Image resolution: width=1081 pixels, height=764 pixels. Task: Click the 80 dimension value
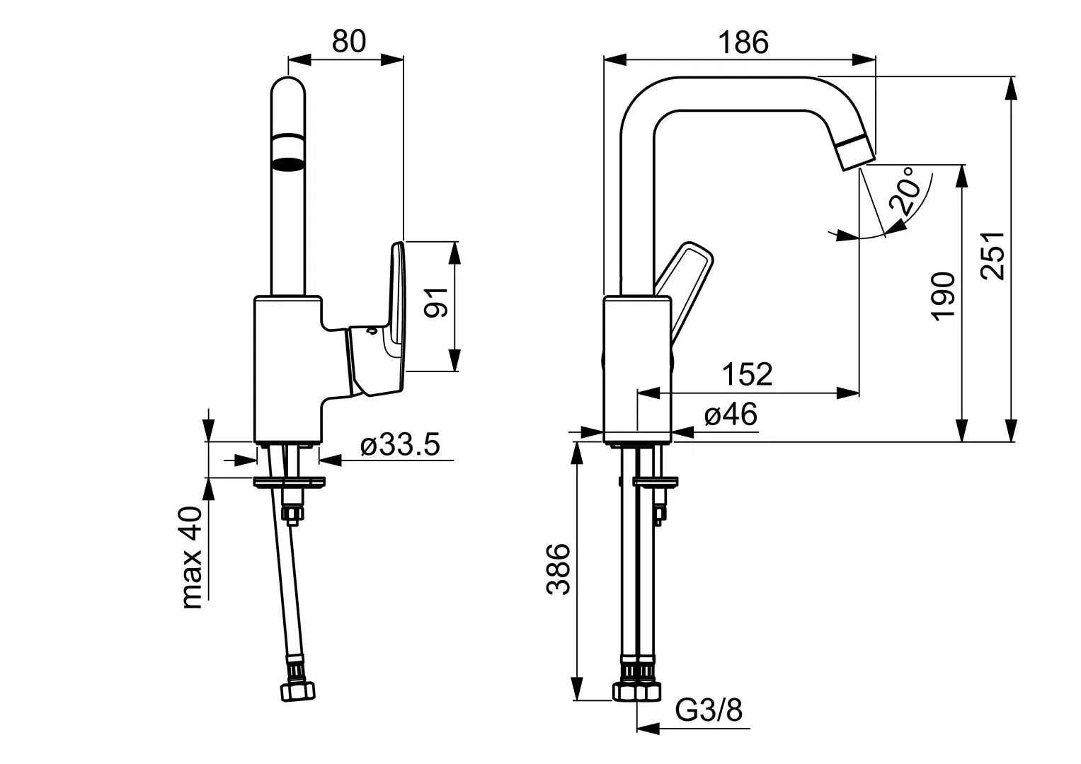[x=348, y=41]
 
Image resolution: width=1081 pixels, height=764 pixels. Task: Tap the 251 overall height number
[x=993, y=255]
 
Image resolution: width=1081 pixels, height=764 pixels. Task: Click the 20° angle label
[x=904, y=191]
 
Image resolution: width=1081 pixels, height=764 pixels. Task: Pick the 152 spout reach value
[x=747, y=374]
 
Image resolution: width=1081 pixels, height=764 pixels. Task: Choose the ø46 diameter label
[x=731, y=414]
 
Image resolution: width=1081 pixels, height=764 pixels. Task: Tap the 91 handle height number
[x=436, y=303]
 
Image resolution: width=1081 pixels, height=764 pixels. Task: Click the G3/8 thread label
[x=709, y=710]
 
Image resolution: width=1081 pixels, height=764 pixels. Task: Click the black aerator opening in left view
[x=288, y=163]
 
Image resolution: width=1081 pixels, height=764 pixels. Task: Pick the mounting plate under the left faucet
[x=289, y=481]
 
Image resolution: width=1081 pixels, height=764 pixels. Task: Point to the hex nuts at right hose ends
[x=636, y=691]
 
